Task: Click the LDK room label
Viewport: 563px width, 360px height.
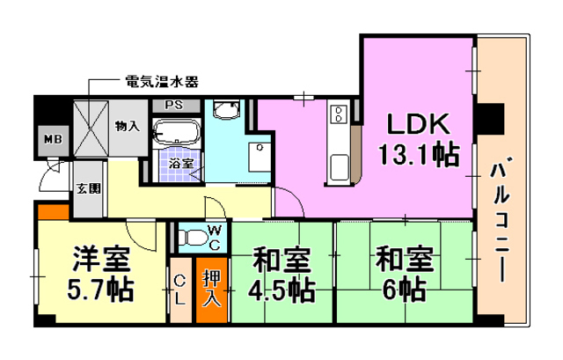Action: pos(419,123)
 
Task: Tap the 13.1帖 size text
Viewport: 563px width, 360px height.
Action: pos(419,155)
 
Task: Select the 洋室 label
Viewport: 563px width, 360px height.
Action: pos(101,259)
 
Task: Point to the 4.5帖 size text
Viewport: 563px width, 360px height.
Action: pos(281,290)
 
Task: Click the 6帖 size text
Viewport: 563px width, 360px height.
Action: pos(405,290)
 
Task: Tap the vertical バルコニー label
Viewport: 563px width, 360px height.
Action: pos(501,219)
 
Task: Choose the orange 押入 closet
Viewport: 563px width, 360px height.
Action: pos(212,290)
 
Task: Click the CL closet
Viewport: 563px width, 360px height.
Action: pos(180,290)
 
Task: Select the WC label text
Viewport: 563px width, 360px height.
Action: pos(215,238)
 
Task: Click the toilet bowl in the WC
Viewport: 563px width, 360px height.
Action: pos(194,238)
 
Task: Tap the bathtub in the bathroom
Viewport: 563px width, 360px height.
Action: pos(176,132)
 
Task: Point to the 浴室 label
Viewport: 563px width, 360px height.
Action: pos(181,164)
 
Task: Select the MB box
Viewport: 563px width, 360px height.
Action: pos(54,140)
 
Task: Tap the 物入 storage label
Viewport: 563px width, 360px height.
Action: pos(128,126)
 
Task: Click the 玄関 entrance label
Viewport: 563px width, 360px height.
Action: pos(89,188)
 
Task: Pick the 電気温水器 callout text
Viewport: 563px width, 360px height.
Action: pos(162,82)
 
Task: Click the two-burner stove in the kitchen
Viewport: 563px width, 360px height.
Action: pos(339,114)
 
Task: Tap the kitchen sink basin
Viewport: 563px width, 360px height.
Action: pos(340,167)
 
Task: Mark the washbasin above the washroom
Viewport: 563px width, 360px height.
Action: pos(226,109)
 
